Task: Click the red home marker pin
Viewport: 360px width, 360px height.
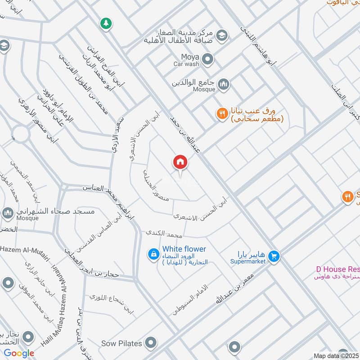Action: (x=180, y=162)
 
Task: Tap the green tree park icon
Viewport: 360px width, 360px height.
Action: (x=106, y=23)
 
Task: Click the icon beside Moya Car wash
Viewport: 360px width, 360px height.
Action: (x=207, y=59)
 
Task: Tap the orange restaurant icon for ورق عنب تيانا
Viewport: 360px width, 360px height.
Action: (x=221, y=114)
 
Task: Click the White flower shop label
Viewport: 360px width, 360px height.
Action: (x=184, y=249)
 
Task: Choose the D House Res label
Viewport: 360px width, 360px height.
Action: (x=337, y=269)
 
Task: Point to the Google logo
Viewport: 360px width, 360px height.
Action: (x=19, y=353)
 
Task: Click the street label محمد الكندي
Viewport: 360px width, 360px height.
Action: (x=163, y=234)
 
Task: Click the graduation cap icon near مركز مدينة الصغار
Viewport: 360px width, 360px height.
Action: (x=221, y=35)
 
